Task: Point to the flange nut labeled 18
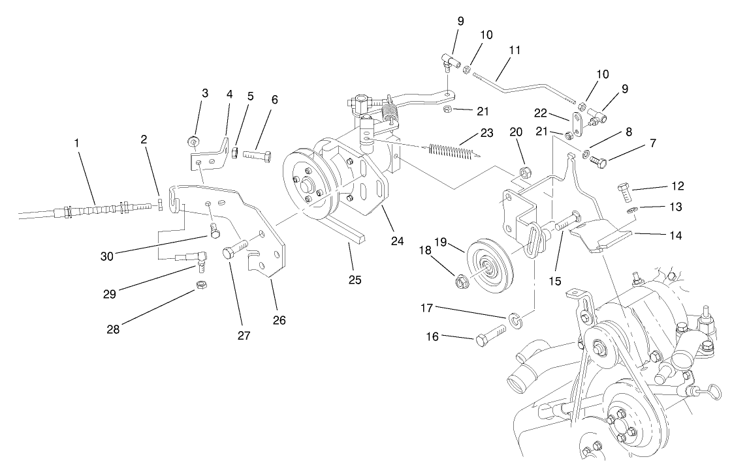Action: pos(460,283)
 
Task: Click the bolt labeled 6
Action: pos(257,157)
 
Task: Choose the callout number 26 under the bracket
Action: pos(279,320)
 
